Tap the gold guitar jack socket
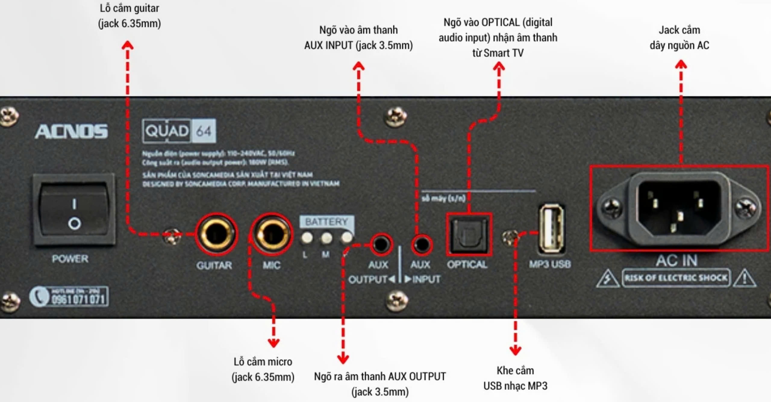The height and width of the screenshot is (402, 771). coord(216,233)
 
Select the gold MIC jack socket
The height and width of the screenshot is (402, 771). coord(272,233)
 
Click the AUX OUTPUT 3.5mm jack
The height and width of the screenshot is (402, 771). coord(380,244)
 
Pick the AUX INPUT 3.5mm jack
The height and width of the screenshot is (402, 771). coord(422,244)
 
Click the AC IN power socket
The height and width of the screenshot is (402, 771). coord(679,208)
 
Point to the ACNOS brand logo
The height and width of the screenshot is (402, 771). coord(71,132)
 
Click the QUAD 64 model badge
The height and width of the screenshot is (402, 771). coord(179,131)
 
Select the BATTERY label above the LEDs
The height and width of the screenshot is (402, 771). coord(326,222)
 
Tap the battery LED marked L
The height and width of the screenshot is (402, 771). coord(307,238)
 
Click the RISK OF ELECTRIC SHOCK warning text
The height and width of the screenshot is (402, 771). coord(676,278)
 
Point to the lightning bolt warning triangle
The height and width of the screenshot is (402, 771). coord(607,279)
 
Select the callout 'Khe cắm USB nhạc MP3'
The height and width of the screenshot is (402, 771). coord(515,378)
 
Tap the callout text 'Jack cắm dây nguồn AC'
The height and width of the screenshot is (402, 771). coord(679,38)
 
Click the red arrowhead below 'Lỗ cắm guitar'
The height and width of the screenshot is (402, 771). coord(128,45)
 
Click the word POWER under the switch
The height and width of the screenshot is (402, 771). coord(70,259)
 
